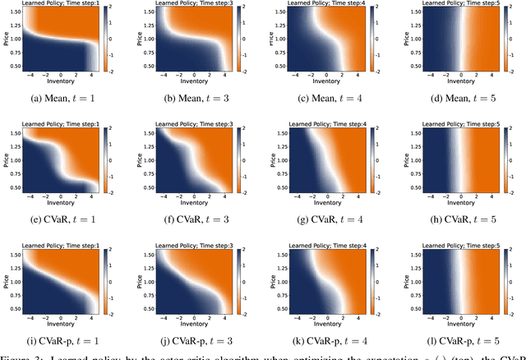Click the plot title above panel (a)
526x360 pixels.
tap(62, 4)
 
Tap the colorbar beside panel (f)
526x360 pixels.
tap(242, 159)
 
